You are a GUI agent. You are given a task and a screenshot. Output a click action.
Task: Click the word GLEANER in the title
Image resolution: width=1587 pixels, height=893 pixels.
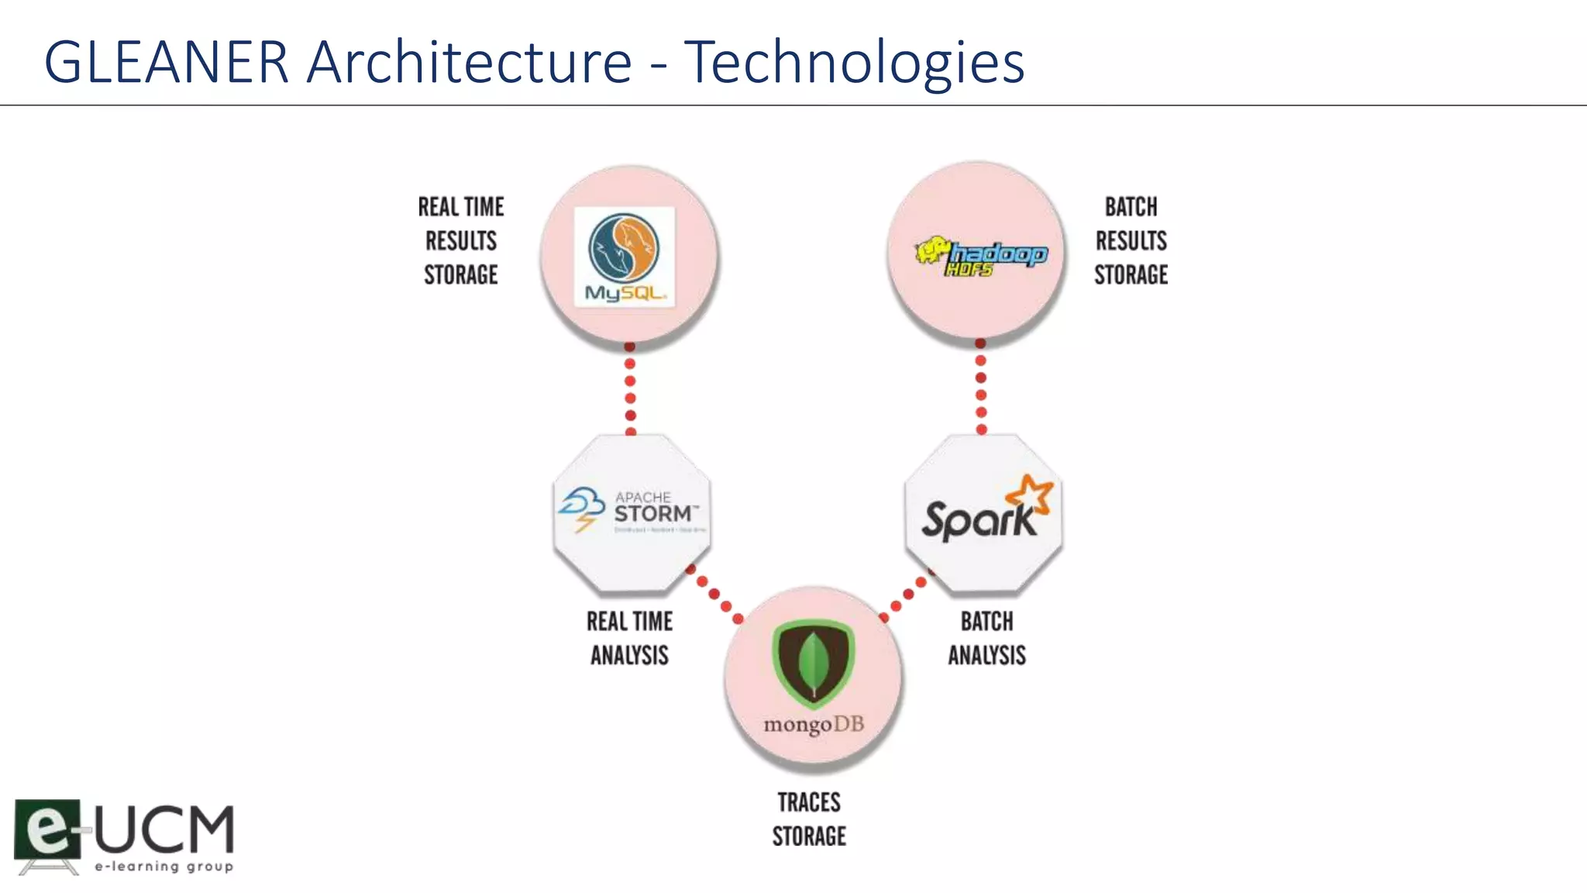coord(166,62)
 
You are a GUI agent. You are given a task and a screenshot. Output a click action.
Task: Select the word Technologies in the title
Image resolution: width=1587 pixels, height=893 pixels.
coord(854,62)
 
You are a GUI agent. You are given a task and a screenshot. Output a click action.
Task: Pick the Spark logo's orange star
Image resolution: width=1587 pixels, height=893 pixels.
coord(1030,495)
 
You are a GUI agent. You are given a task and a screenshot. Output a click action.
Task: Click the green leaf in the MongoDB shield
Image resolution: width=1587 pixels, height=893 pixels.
coord(814,664)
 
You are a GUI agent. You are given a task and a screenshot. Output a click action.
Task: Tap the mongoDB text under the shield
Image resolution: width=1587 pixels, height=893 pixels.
coord(814,725)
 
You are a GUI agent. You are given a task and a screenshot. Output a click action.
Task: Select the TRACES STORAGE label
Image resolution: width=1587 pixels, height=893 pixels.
coord(809,819)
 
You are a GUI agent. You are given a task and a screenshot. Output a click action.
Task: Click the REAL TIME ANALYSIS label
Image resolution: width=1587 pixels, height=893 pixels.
coord(629,638)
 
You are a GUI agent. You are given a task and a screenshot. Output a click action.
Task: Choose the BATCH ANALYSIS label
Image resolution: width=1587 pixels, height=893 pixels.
coord(986,638)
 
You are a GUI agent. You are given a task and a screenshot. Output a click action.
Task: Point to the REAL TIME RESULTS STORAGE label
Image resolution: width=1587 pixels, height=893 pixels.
coord(461,241)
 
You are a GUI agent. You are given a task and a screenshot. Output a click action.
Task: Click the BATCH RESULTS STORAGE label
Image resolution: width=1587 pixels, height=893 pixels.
coord(1131,241)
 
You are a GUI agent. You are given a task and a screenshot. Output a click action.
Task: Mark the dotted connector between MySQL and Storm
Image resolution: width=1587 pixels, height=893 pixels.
coord(630,389)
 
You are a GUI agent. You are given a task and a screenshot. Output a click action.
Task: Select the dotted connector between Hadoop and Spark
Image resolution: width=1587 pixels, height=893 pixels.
coord(981,386)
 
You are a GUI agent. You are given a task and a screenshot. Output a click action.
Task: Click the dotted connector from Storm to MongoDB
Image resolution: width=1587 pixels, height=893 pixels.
coord(714,595)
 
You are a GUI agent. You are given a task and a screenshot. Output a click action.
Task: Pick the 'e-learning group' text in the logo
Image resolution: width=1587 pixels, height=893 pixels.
coord(164,866)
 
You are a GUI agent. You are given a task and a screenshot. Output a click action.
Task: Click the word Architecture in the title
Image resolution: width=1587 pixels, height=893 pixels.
coord(470,62)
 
